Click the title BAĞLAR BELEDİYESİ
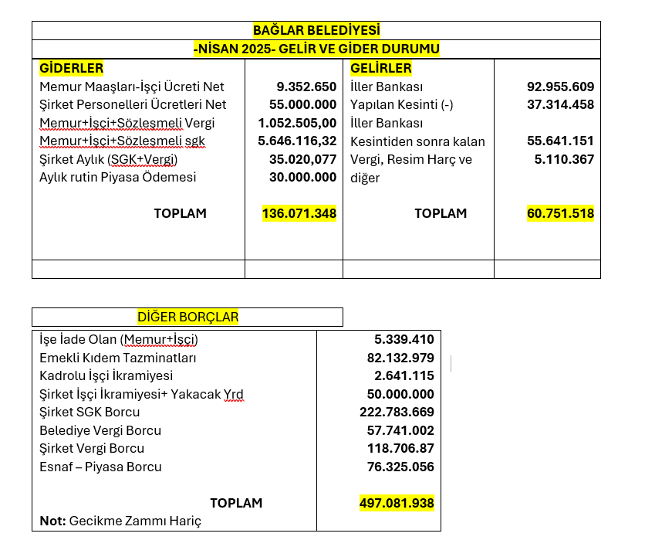pos(316,30)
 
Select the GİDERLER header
pos(71,68)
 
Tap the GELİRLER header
pos(381,68)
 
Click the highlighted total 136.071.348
pos(299,213)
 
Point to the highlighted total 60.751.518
pos(560,213)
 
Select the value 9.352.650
pos(306,87)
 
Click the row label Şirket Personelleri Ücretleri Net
pos(133,104)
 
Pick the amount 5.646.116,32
pos(298,141)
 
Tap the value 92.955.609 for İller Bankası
pos(560,87)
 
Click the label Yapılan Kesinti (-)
pos(401,104)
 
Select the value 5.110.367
pos(564,159)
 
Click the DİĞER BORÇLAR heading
pos(187,317)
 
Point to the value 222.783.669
pos(397,412)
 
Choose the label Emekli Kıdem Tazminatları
pos(118,358)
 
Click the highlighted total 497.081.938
pos(397,503)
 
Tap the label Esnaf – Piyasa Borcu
pos(100,467)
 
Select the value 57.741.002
pos(400,430)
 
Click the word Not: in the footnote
pos(52,521)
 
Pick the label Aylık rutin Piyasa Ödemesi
pos(117,177)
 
